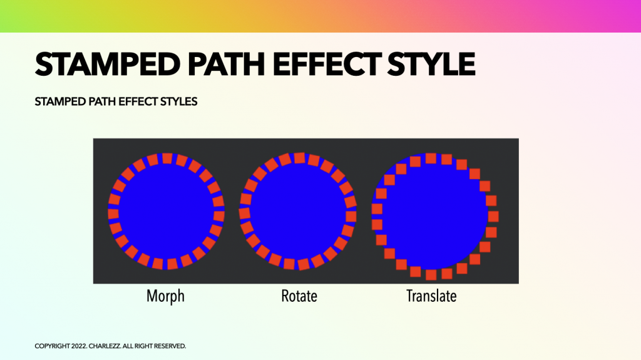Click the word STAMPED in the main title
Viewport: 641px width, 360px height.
(x=108, y=64)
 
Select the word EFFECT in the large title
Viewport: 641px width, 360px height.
(x=327, y=64)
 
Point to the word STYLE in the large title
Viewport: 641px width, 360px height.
(x=431, y=64)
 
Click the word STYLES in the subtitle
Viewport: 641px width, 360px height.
(x=178, y=101)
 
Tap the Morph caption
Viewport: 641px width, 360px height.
(x=165, y=296)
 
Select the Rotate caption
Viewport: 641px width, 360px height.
(x=299, y=296)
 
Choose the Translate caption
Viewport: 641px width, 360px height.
(x=431, y=296)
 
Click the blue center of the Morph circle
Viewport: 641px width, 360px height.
(x=167, y=212)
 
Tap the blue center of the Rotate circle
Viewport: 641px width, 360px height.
(x=299, y=212)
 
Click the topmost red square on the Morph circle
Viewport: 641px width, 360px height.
(x=167, y=158)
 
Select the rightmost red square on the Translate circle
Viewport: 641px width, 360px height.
(x=493, y=217)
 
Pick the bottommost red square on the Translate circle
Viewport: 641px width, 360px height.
(x=431, y=274)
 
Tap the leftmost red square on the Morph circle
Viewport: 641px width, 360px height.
(x=113, y=213)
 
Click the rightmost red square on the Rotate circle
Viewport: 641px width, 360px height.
(x=351, y=217)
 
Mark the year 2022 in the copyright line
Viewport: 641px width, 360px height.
(x=78, y=346)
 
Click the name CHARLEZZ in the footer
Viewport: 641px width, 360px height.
(x=105, y=346)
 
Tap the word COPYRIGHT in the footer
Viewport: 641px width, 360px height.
(x=53, y=346)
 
